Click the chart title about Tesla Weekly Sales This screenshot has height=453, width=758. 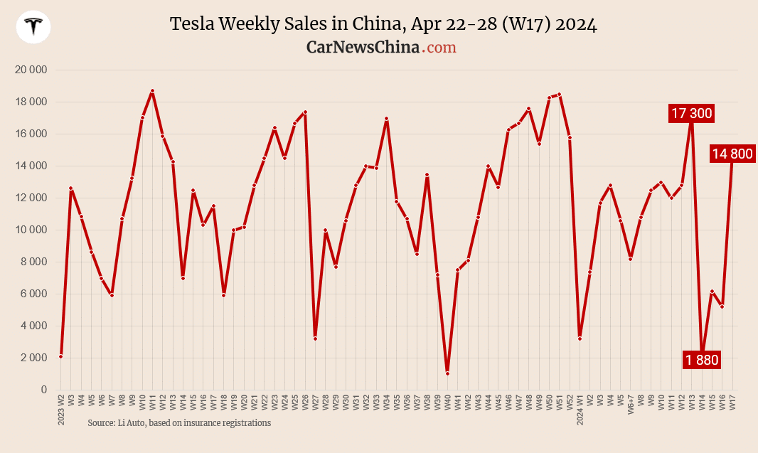point(383,24)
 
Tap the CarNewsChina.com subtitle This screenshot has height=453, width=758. point(381,47)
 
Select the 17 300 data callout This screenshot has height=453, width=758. point(690,113)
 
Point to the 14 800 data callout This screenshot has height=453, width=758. point(732,154)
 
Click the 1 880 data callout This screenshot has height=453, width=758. point(702,361)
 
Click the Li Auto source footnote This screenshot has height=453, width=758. point(179,423)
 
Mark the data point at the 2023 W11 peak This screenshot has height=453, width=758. point(152,91)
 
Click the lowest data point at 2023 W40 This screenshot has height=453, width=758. point(447,373)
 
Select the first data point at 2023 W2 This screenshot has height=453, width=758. point(61,356)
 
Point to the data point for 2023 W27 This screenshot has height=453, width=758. point(315,339)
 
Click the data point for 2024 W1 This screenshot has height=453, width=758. point(580,339)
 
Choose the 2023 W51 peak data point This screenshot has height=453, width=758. point(560,95)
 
